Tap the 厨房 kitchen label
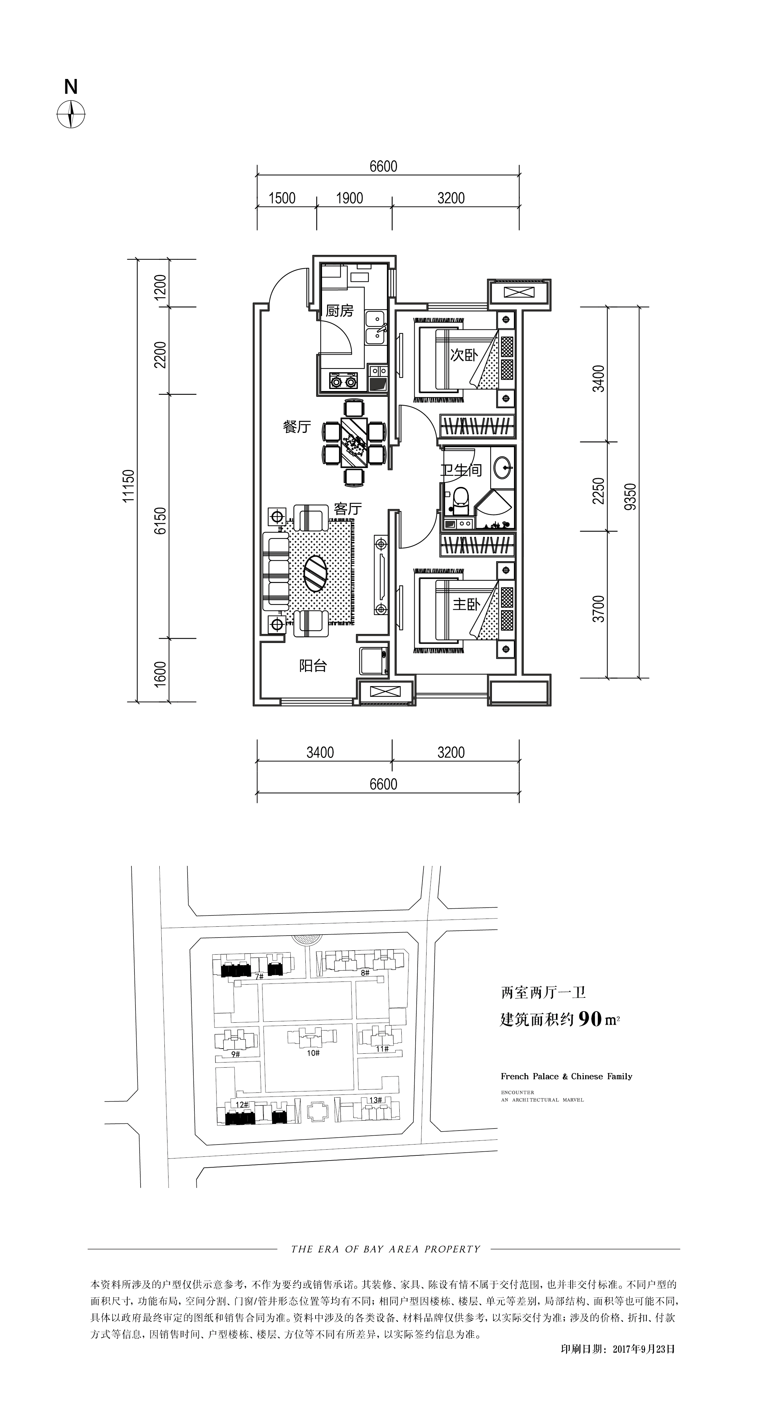click(x=340, y=311)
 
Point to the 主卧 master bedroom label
click(x=466, y=604)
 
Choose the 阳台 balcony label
click(x=313, y=666)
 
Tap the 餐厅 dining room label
click(x=297, y=427)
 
